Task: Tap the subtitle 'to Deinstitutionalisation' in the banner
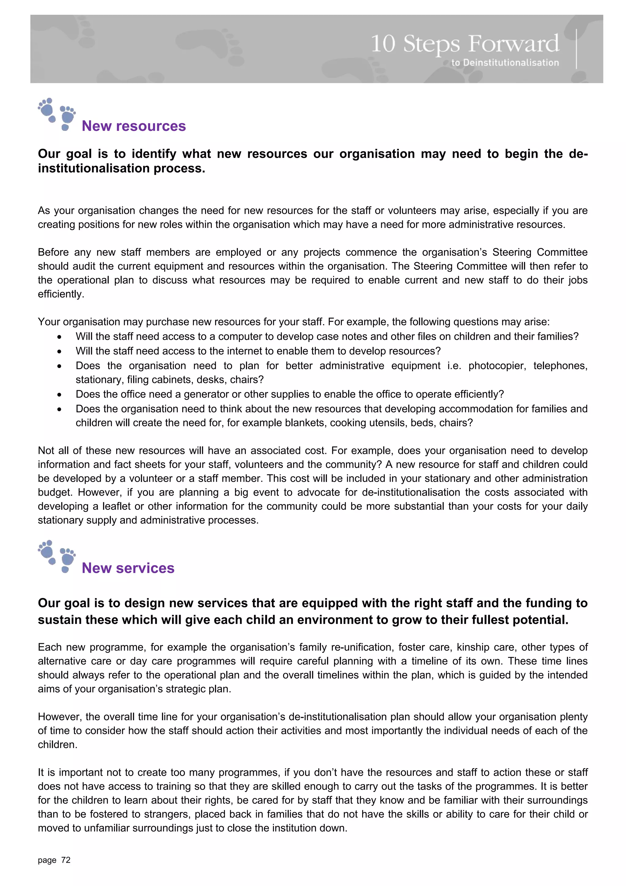(505, 62)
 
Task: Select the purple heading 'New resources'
(134, 126)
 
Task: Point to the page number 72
(66, 860)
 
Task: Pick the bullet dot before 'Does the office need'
(59, 395)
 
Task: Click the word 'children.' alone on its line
(57, 744)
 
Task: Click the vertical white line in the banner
(576, 49)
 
